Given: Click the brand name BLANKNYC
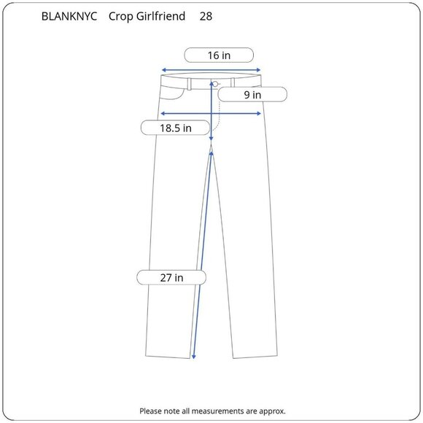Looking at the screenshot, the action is [69, 17].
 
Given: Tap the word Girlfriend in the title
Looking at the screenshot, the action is [160, 17].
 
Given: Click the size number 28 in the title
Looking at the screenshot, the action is [206, 17].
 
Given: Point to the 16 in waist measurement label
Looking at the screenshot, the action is [219, 55].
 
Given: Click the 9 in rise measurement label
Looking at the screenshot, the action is [252, 95].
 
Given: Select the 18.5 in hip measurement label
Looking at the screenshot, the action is [176, 128].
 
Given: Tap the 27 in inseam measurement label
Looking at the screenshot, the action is [171, 278].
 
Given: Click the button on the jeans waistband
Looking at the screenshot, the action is [215, 84].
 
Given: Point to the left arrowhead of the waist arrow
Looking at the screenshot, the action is [163, 70].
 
